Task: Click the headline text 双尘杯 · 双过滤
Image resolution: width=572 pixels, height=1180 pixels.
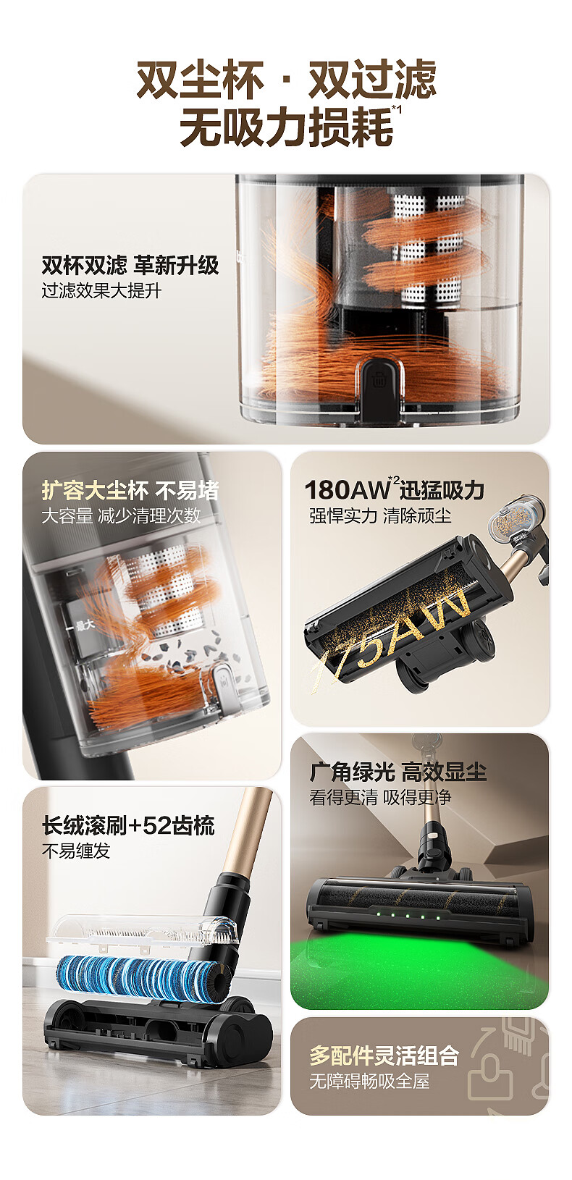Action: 287,80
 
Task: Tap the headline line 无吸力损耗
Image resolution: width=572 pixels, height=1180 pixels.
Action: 286,127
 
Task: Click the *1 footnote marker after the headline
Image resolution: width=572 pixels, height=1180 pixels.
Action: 397,109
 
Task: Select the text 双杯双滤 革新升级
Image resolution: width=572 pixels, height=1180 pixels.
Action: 130,265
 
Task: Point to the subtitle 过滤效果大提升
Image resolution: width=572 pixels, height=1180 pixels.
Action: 101,290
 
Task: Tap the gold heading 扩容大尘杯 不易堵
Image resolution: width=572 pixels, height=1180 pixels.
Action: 130,490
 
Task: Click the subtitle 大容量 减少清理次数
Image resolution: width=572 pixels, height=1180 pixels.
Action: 121,515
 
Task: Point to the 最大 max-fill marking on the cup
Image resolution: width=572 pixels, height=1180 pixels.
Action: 84,625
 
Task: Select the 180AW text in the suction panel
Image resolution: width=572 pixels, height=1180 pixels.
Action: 347,490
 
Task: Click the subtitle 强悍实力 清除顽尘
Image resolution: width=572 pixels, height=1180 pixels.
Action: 380,515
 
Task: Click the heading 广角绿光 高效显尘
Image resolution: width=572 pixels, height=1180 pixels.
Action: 398,772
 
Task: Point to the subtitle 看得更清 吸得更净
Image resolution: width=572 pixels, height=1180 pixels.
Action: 380,797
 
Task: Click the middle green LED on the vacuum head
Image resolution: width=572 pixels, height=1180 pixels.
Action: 407,916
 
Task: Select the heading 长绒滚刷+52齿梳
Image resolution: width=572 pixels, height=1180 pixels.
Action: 128,825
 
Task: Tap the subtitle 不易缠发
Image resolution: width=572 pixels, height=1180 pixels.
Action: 76,851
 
